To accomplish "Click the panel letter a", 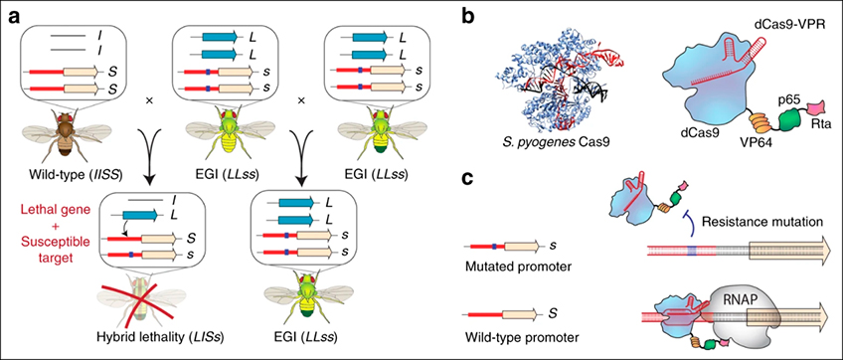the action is (x=15, y=19).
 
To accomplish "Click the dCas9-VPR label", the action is (x=792, y=24).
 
